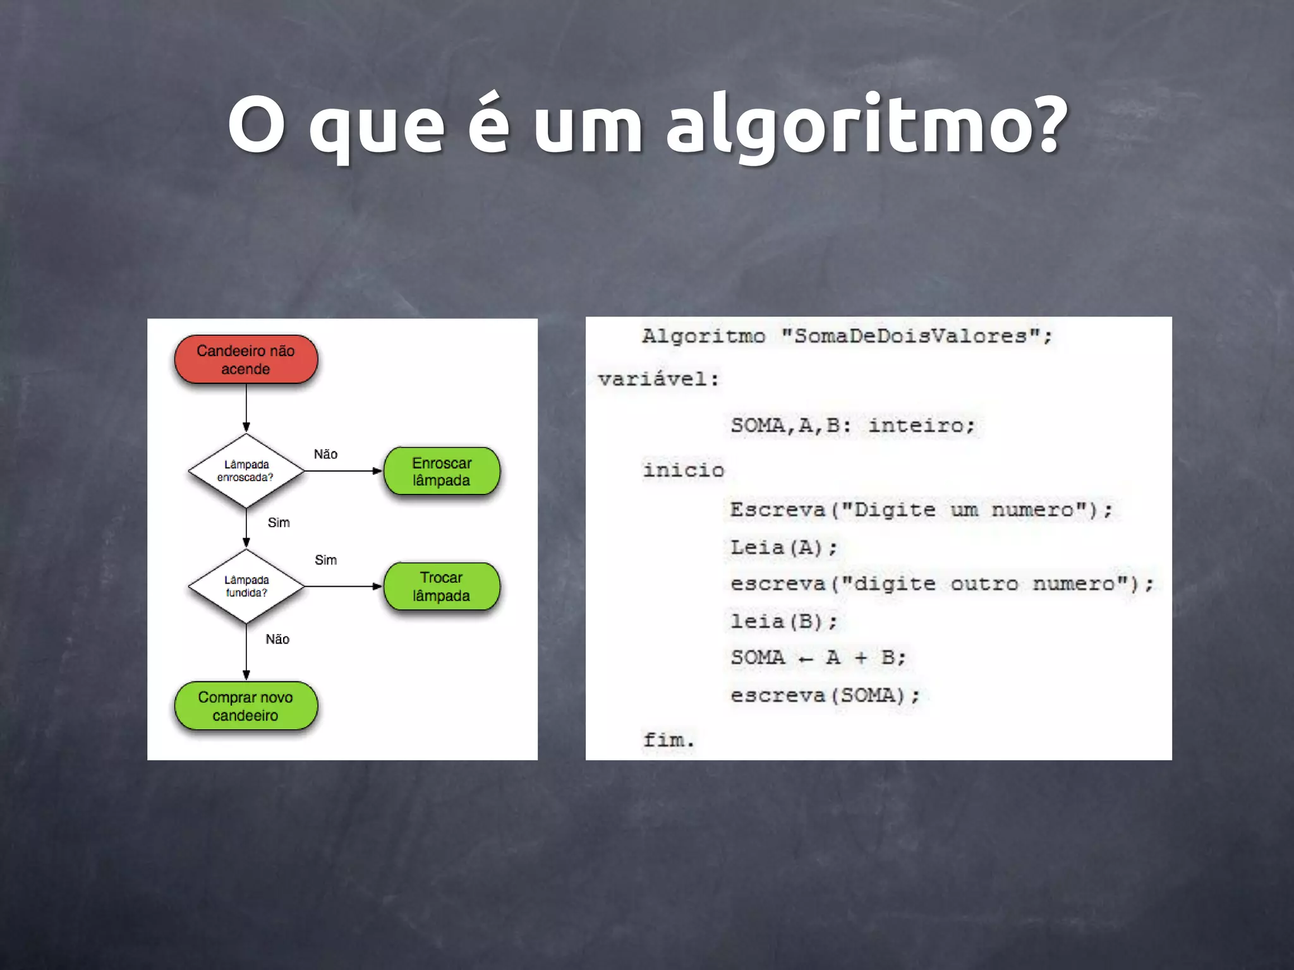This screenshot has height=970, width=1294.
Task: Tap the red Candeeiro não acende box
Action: tap(246, 359)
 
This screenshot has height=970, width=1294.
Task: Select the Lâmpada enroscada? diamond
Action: tap(246, 470)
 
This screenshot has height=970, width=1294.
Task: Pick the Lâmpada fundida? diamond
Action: tap(246, 586)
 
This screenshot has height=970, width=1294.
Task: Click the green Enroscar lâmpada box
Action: tap(442, 471)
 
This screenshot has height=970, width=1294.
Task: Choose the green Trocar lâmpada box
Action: tap(442, 587)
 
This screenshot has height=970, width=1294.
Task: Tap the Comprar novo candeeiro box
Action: tap(246, 706)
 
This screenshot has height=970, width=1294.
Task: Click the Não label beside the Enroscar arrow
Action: tap(325, 454)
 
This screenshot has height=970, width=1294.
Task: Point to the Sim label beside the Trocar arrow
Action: tap(325, 560)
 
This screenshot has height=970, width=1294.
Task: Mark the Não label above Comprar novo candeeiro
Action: tap(277, 639)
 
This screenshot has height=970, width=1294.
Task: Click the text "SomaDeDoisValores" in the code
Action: tap(910, 335)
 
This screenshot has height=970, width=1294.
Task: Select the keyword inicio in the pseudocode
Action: tap(684, 470)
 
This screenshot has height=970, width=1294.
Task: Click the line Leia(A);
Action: tap(783, 547)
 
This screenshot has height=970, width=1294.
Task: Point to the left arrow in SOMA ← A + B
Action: tap(806, 659)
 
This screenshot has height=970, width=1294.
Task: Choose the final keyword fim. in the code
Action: tap(668, 739)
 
